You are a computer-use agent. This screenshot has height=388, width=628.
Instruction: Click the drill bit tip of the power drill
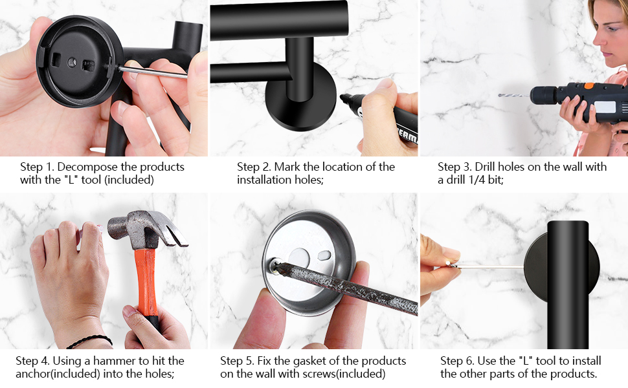tap(502, 96)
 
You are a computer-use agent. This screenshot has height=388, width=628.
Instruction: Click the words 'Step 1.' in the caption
tap(36, 167)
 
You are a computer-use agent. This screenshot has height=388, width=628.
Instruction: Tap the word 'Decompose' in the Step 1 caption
tap(87, 167)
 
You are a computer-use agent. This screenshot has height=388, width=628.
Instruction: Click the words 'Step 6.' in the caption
tap(457, 361)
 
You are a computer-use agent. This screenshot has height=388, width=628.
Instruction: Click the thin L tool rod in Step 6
tap(492, 266)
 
